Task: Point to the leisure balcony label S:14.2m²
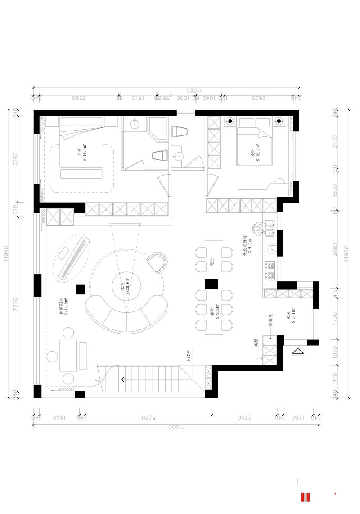point(63,307)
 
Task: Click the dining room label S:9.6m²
point(215,310)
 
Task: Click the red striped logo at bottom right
point(306,497)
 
